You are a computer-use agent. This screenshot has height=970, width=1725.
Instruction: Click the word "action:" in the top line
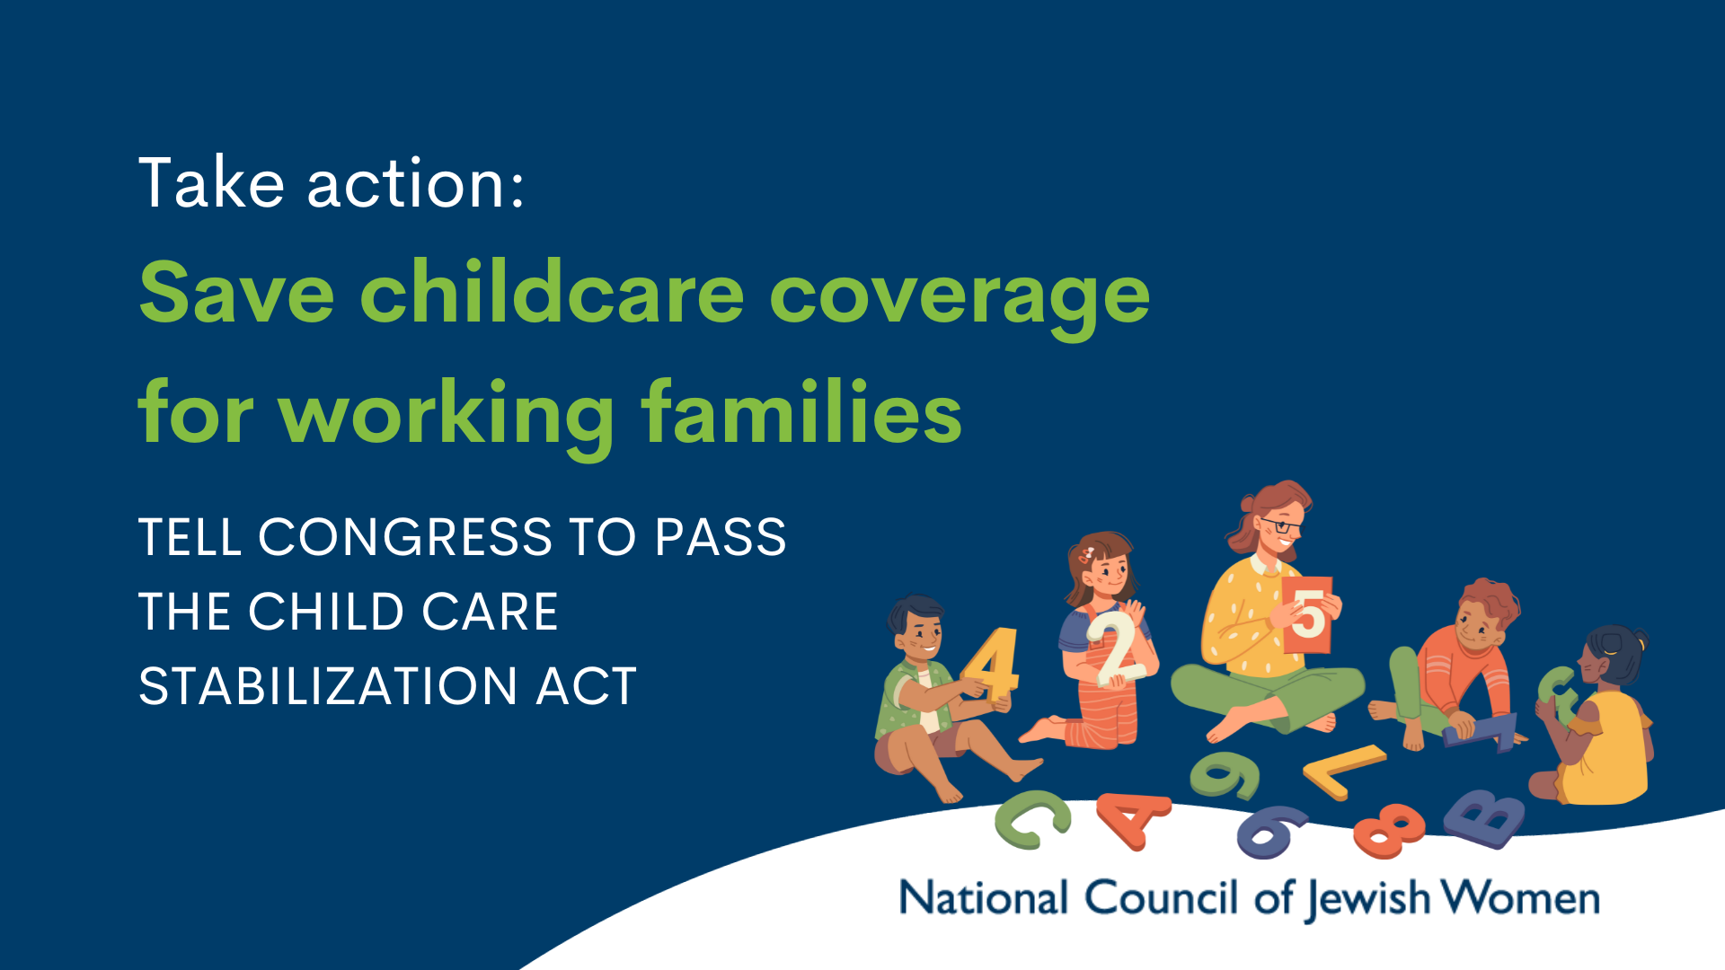click(x=415, y=184)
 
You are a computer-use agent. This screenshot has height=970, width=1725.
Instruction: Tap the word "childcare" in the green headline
click(x=552, y=291)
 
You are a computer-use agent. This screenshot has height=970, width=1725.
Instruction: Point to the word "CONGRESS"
click(x=405, y=537)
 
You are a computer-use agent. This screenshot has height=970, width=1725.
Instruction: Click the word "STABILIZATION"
click(x=328, y=686)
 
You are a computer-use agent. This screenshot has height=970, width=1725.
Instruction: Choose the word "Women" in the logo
click(x=1521, y=897)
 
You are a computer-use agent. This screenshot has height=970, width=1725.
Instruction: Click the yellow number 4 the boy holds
click(x=991, y=665)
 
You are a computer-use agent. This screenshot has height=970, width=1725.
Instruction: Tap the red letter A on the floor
click(x=1134, y=819)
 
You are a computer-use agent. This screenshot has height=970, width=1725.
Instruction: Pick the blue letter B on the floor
click(x=1484, y=817)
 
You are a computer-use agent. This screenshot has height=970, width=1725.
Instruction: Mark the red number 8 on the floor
click(x=1389, y=830)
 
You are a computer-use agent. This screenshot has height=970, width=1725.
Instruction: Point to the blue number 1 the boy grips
click(x=1481, y=732)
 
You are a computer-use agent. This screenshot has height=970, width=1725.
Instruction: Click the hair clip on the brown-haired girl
click(x=1088, y=552)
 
